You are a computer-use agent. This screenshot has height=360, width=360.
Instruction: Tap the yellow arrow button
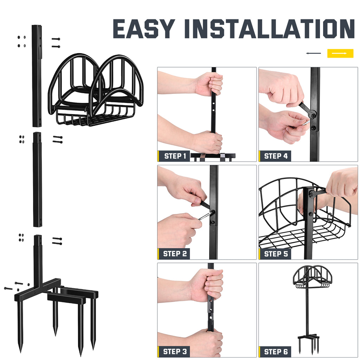point(340,53)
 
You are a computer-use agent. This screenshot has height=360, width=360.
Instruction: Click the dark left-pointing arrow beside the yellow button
point(313,53)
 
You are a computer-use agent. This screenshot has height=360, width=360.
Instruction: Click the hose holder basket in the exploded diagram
point(96,91)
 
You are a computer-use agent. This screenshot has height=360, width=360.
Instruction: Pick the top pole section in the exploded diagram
point(37,76)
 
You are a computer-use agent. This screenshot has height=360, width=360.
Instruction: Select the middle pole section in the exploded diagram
point(37,179)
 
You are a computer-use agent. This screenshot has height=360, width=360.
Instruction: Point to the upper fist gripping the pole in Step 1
point(210,84)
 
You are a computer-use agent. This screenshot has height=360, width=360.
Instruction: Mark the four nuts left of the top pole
point(21,41)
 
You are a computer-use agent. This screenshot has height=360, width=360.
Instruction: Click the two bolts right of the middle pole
point(58,140)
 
